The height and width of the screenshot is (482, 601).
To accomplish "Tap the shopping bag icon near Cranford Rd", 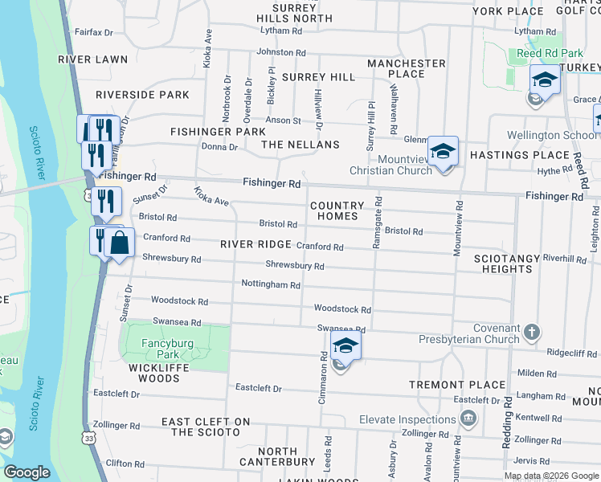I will coord(119,243).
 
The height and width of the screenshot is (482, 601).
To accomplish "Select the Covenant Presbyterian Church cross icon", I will coord(530,332).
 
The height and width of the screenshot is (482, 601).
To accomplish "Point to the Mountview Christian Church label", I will coord(391,164).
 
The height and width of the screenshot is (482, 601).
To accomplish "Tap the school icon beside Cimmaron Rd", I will coord(345,346).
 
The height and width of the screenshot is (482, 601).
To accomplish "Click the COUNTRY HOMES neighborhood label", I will coord(337,211).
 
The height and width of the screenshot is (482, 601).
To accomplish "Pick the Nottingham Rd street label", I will coord(271,284).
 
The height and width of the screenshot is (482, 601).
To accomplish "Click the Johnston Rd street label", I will coord(281,52).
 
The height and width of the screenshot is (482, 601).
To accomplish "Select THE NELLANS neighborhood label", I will coord(300,145).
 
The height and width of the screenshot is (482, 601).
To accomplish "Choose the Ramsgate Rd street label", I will coord(377,226).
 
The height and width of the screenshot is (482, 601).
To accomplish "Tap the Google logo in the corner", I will coord(27,472).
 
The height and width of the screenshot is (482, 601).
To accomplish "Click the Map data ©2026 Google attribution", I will coord(551,476).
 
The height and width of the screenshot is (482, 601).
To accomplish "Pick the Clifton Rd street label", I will coord(125,464).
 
